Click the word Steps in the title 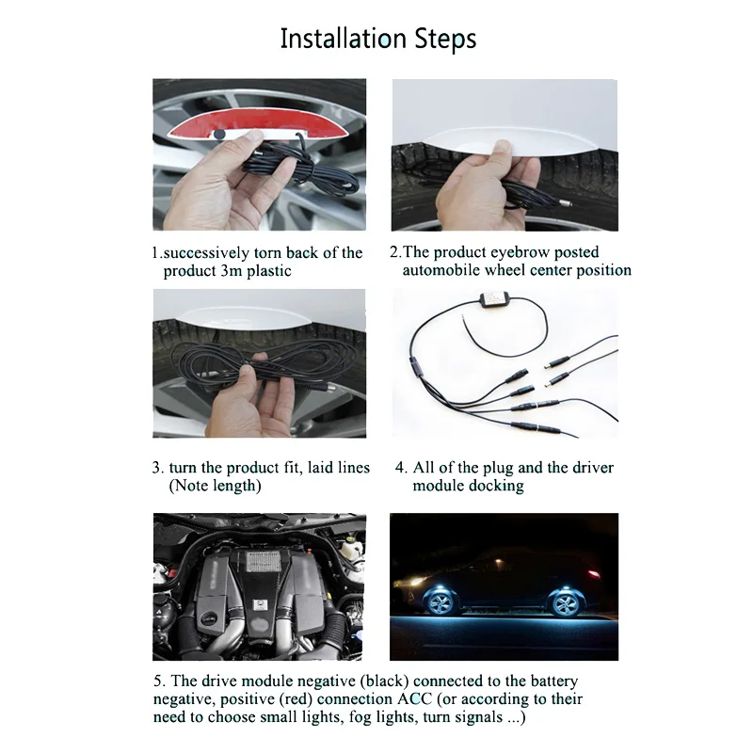pos(445,40)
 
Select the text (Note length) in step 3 pos(215,486)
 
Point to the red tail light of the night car pos(594,574)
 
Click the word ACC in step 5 pos(415,698)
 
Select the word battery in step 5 pos(552,681)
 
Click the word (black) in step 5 pos(384,681)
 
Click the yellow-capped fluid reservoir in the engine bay pos(354,546)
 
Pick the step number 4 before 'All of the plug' pos(401,467)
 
